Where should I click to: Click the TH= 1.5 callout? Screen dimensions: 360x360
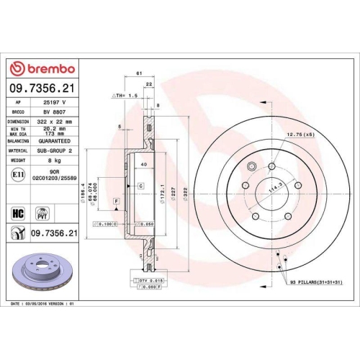(x=123, y=95)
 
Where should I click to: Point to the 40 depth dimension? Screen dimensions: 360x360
(x=143, y=165)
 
